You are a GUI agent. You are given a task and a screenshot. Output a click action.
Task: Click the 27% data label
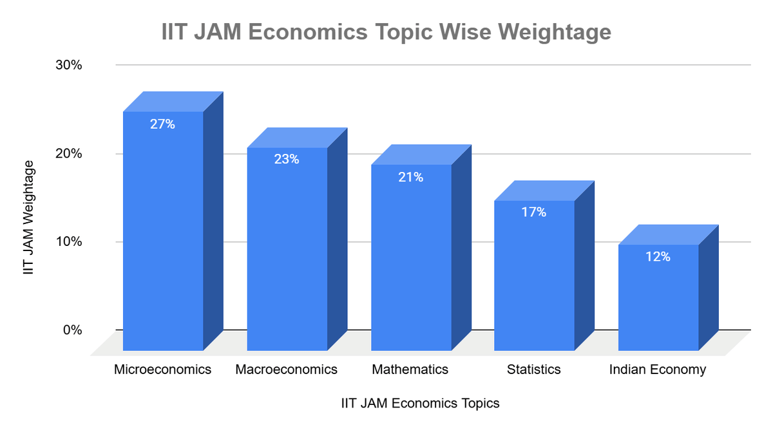162,124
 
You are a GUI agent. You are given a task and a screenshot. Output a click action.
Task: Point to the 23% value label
287,159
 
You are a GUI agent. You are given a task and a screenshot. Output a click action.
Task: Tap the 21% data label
410,177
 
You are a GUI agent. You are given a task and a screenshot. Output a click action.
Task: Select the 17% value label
534,212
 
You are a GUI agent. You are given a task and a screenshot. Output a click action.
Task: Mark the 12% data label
658,256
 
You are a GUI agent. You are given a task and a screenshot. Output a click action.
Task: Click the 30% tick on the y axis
68,65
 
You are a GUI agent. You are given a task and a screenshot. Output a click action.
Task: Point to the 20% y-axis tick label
68,154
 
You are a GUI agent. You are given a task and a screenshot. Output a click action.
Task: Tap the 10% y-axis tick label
68,242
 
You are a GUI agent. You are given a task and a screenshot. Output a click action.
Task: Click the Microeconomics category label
162,370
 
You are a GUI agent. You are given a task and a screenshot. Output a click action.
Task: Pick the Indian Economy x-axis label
657,370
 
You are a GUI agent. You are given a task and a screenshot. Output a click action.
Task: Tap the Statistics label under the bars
533,370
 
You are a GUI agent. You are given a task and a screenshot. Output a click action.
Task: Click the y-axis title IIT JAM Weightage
28,218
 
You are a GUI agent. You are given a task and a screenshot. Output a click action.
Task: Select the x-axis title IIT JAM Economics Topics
420,404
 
